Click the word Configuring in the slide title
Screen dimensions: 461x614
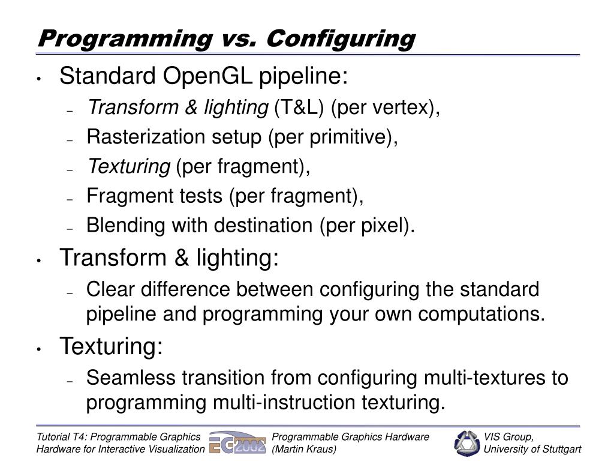coord(341,38)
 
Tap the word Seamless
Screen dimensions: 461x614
coord(131,378)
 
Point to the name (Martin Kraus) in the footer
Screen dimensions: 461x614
coord(304,450)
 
